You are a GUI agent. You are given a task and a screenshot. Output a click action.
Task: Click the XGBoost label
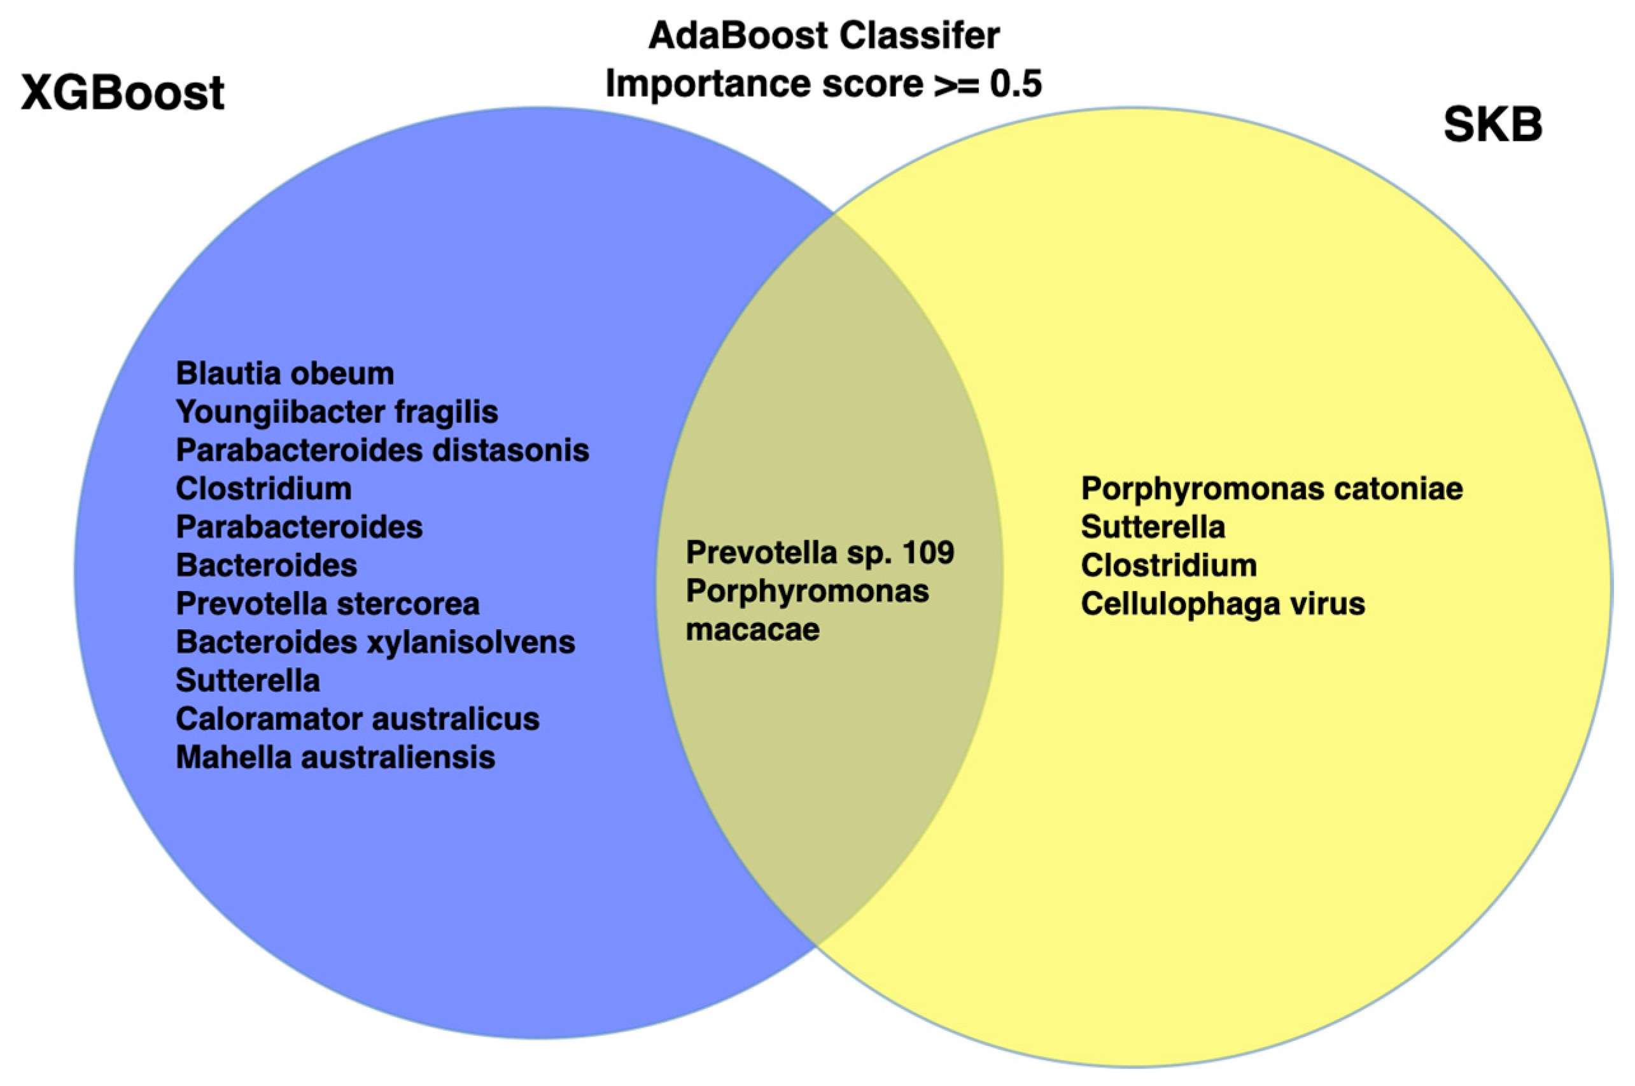pyautogui.click(x=123, y=93)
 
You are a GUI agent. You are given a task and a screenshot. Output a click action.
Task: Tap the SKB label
pyautogui.click(x=1492, y=125)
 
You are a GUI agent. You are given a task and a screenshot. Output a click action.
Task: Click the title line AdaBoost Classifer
pyautogui.click(x=824, y=36)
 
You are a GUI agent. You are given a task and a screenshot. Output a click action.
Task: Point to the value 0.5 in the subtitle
pyautogui.click(x=1016, y=85)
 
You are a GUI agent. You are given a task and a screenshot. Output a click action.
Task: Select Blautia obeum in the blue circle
pyautogui.click(x=284, y=374)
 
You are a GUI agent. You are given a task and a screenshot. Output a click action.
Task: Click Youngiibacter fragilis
pyautogui.click(x=337, y=412)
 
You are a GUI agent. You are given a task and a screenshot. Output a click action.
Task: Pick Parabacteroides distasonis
pyautogui.click(x=382, y=451)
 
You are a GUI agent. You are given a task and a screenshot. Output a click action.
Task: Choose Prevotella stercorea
pyautogui.click(x=328, y=604)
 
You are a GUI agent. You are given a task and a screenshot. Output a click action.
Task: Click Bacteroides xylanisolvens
pyautogui.click(x=375, y=643)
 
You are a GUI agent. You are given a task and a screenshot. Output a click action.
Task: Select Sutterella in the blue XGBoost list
pyautogui.click(x=248, y=681)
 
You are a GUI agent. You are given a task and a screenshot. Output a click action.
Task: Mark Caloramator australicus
pyautogui.click(x=358, y=719)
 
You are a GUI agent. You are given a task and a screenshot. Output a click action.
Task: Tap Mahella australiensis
pyautogui.click(x=335, y=758)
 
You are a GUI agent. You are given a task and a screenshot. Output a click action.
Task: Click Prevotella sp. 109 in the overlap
pyautogui.click(x=820, y=553)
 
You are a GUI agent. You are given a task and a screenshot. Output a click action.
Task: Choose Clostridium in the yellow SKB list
pyautogui.click(x=1168, y=566)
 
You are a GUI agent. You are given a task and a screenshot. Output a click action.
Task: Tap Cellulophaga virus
pyautogui.click(x=1223, y=604)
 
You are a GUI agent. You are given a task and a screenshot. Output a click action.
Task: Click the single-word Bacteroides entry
pyautogui.click(x=267, y=566)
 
